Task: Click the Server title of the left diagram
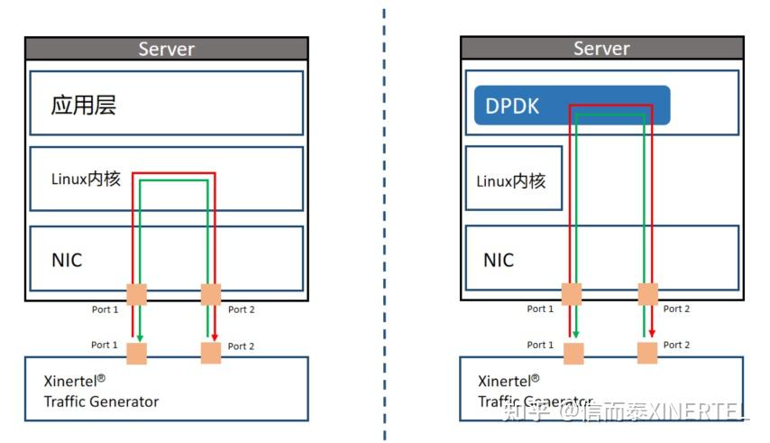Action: click(x=166, y=49)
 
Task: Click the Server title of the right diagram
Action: click(x=601, y=49)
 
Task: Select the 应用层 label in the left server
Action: click(x=84, y=106)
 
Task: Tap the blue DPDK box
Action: click(x=572, y=106)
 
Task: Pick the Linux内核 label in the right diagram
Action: click(x=511, y=180)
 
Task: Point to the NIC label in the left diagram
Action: click(x=67, y=260)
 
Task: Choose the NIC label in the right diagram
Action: click(x=499, y=260)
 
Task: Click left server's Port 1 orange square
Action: click(x=136, y=294)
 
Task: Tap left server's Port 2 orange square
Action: click(x=210, y=294)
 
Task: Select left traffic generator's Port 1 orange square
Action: click(x=136, y=353)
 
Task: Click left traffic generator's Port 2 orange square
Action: click(x=210, y=353)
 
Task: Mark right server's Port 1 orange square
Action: click(x=572, y=294)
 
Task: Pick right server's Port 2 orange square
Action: click(x=646, y=294)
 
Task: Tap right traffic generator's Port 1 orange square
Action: click(x=572, y=353)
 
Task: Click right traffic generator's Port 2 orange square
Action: click(x=646, y=353)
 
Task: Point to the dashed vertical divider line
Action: click(x=384, y=226)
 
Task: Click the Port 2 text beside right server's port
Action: click(x=676, y=309)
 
